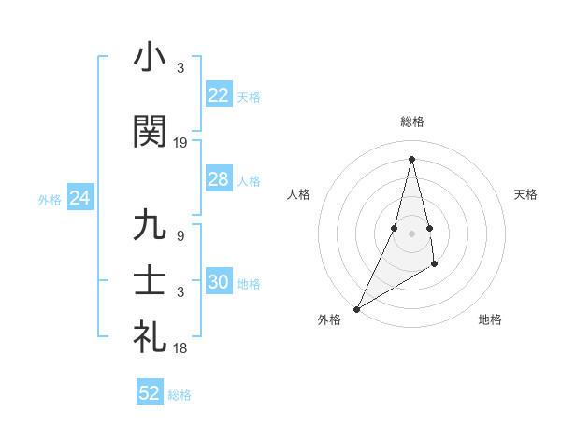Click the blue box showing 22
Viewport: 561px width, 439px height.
(218, 95)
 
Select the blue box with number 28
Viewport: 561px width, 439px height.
(218, 179)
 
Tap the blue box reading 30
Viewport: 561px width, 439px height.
(218, 282)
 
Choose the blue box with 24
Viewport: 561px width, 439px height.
(79, 198)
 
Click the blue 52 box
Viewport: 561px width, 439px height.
(149, 393)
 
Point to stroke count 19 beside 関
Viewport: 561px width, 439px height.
(180, 143)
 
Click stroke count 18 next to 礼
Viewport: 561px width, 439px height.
(180, 348)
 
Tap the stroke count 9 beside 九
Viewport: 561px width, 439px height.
(180, 236)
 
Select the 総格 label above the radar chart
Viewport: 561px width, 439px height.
(411, 121)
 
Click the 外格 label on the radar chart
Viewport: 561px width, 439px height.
(329, 320)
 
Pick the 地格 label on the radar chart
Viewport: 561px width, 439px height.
(490, 320)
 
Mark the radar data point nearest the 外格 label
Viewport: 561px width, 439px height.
(356, 308)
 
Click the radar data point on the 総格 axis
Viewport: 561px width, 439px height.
(411, 158)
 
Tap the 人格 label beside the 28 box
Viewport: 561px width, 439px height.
(249, 180)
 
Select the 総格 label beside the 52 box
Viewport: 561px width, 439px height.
(180, 395)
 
